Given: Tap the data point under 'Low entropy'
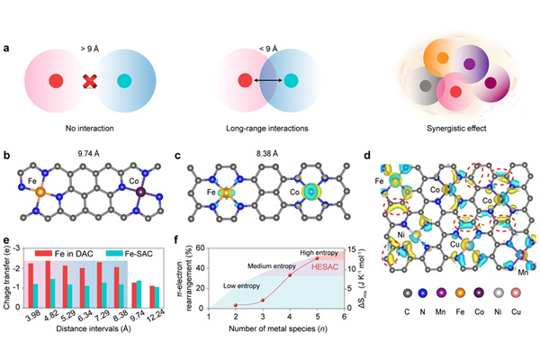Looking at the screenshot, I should (236, 305).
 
